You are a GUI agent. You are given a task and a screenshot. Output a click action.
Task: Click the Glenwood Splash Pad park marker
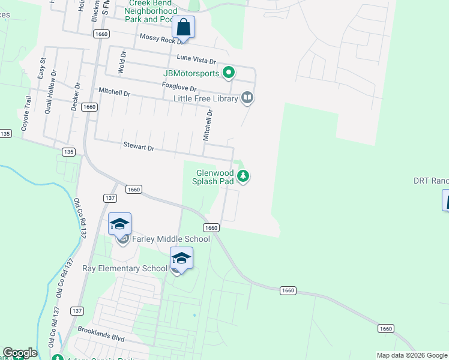(243, 176)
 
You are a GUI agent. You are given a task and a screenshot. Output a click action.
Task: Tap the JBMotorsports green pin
(229, 74)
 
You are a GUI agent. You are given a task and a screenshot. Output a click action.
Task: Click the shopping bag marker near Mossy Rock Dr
(183, 28)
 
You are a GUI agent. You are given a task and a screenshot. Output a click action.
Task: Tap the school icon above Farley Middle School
(119, 224)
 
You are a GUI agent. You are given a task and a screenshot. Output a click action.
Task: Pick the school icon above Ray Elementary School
(181, 258)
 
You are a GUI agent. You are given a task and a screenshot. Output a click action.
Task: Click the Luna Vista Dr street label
(196, 58)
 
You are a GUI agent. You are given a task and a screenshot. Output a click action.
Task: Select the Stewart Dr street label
(139, 146)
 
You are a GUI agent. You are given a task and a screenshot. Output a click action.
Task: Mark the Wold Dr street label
(122, 61)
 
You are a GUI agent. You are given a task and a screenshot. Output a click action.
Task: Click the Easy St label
(41, 69)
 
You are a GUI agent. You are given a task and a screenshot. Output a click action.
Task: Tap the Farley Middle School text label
(171, 239)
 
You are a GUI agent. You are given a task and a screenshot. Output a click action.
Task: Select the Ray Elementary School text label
(125, 268)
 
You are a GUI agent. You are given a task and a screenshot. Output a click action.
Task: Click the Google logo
(20, 353)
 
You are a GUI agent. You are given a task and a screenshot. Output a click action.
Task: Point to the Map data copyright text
(412, 355)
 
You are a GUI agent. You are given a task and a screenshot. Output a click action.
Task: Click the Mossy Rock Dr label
(160, 38)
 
